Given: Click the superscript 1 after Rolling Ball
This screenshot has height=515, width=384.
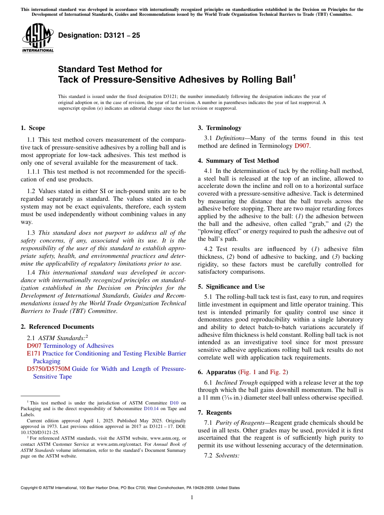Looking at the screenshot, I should [294, 76].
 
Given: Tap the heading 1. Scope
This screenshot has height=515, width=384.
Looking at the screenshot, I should [33, 128].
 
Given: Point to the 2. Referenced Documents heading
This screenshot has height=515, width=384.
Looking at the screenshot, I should [57, 327].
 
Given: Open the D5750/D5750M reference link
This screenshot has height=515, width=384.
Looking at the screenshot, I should [48, 369].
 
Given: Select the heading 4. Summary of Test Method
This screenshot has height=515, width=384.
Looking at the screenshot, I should [238, 161].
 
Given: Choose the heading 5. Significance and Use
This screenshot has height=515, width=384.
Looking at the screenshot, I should [231, 287].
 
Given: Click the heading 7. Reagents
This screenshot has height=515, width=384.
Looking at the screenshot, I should [215, 413].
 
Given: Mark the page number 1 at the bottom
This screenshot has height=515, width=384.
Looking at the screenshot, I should [192, 498].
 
